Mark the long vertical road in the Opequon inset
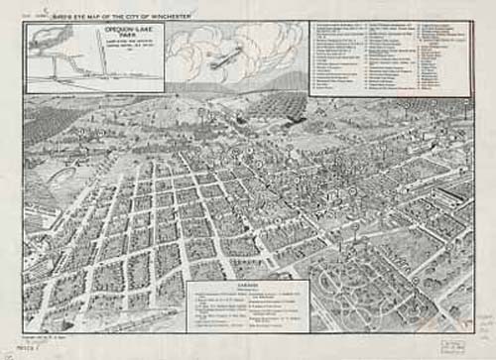point(101,60)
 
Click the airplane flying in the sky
point(224,58)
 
